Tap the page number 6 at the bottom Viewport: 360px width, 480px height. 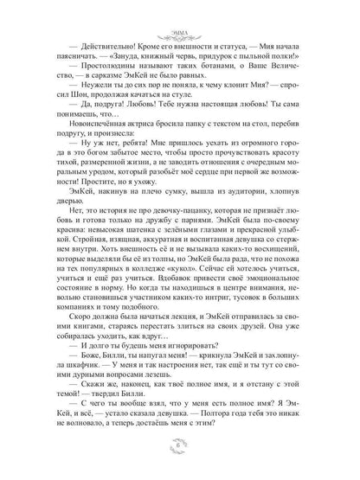(x=180, y=456)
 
